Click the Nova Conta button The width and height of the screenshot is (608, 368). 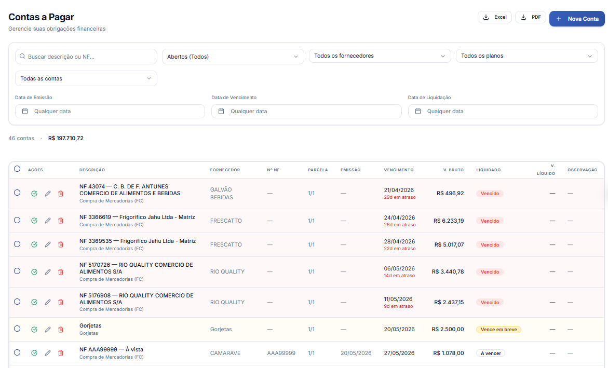tap(577, 19)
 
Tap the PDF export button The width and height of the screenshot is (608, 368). tap(531, 17)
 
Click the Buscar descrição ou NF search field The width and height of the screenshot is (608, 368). tap(86, 57)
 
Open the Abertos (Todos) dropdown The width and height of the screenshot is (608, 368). tap(233, 57)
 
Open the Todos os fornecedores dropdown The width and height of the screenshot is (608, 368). tap(380, 56)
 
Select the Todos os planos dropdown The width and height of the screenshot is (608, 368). tap(526, 56)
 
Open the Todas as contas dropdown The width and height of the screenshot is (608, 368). tap(86, 78)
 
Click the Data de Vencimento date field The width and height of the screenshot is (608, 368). tap(306, 111)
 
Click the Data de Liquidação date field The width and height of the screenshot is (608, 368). tap(503, 111)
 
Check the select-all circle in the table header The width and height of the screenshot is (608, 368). tap(17, 169)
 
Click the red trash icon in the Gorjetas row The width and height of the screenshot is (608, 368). tap(61, 330)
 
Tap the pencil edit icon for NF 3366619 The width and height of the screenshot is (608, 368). tap(48, 221)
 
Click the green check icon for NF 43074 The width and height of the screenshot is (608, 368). tap(34, 194)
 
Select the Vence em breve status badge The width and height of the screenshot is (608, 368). tap(498, 330)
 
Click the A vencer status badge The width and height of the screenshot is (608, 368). tap(491, 353)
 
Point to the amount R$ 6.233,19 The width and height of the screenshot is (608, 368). tap(449, 221)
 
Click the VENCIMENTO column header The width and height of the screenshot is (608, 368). tap(399, 170)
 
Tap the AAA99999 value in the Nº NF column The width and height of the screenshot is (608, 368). tap(281, 353)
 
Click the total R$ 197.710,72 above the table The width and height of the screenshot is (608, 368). tap(66, 138)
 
